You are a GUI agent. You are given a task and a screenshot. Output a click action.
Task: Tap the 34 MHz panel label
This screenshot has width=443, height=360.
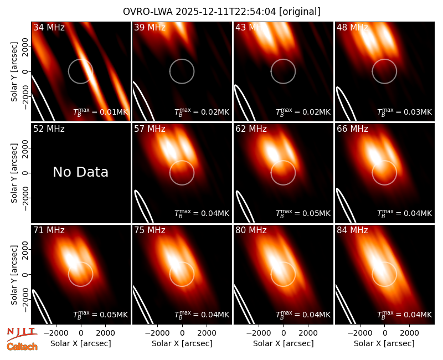pyautogui.click(x=49, y=27)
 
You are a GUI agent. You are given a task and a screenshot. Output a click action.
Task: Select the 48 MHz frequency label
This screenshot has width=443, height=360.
pyautogui.click(x=352, y=27)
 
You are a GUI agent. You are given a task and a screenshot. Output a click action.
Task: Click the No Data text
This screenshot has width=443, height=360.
pyautogui.click(x=80, y=172)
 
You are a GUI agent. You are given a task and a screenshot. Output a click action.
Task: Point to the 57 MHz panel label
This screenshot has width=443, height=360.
pyautogui.click(x=150, y=129)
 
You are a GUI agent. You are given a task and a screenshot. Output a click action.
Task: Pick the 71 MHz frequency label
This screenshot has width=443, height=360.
pyautogui.click(x=49, y=230)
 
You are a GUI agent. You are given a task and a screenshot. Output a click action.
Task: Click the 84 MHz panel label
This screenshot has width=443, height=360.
pyautogui.click(x=352, y=230)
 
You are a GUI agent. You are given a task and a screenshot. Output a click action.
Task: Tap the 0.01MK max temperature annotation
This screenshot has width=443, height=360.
pyautogui.click(x=101, y=112)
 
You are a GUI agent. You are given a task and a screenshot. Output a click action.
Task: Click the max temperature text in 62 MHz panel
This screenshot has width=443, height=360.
pyautogui.click(x=303, y=213)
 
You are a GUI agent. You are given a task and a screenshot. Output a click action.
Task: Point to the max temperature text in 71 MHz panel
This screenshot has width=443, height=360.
pyautogui.click(x=101, y=314)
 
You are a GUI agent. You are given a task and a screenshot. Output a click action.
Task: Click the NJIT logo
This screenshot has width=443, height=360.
pyautogui.click(x=22, y=334)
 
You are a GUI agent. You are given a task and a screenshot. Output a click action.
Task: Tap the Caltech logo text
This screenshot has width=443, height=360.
pyautogui.click(x=22, y=347)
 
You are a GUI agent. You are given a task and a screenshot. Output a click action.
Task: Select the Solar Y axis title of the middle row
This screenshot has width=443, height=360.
pyautogui.click(x=14, y=173)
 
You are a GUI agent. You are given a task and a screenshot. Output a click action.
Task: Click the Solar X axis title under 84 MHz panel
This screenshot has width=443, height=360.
pyautogui.click(x=384, y=343)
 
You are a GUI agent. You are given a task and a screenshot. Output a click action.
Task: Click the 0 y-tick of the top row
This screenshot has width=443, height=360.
pyautogui.click(x=25, y=71)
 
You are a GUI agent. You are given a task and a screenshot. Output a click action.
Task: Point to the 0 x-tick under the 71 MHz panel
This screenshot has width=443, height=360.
pyautogui.click(x=81, y=333)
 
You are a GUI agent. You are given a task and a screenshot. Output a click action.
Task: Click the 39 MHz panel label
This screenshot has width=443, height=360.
pyautogui.click(x=150, y=27)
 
